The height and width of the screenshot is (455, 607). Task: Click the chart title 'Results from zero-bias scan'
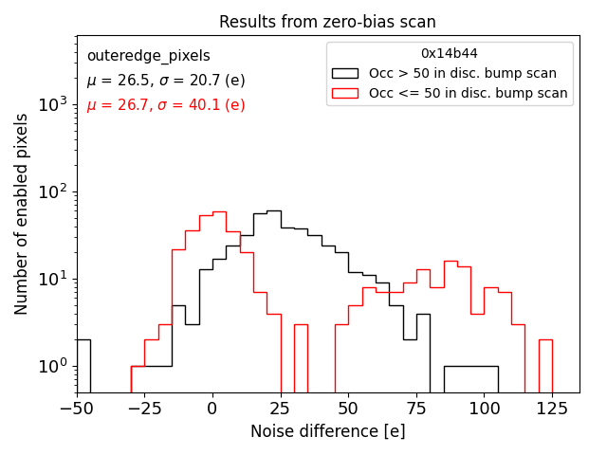(x=327, y=22)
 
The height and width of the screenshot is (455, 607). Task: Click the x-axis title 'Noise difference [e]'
(x=327, y=431)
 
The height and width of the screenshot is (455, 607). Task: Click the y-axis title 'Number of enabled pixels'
(x=22, y=214)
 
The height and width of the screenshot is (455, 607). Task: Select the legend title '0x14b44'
(x=450, y=54)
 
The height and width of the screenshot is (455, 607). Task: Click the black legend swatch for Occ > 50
(x=345, y=73)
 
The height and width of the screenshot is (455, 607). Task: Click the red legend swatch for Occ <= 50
(x=345, y=93)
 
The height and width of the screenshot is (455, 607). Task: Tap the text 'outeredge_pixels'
(x=148, y=56)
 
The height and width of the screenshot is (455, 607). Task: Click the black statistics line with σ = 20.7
(x=165, y=81)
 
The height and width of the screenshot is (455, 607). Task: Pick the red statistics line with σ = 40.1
(x=165, y=105)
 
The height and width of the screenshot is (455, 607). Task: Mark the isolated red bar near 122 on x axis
(x=545, y=365)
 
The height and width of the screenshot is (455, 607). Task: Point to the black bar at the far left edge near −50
(x=83, y=365)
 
